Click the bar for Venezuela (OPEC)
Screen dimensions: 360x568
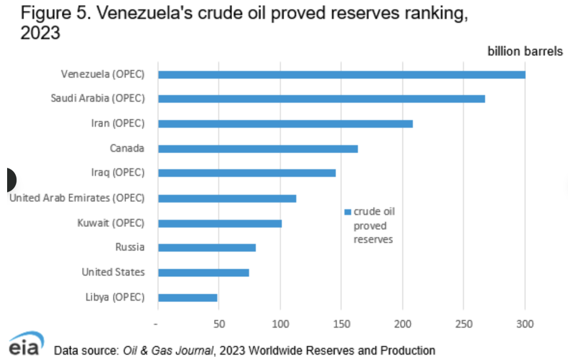click(x=341, y=74)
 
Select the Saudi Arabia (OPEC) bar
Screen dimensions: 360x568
click(x=321, y=99)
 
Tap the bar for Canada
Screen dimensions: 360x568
click(x=258, y=149)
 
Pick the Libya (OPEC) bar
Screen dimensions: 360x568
click(x=188, y=298)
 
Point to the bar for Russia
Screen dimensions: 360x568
click(x=207, y=248)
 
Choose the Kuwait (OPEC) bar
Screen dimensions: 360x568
click(x=220, y=223)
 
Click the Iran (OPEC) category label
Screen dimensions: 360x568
click(x=118, y=124)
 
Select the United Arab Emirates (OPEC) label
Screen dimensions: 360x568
click(x=77, y=198)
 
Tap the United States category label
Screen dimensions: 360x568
click(x=113, y=272)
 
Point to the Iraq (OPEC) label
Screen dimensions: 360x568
click(x=118, y=173)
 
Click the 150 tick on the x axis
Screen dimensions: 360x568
click(x=341, y=324)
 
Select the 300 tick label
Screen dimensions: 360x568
click(x=525, y=324)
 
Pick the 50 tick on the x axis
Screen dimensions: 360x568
click(x=219, y=324)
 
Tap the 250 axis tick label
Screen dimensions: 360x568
click(x=464, y=324)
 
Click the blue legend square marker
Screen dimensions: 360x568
click(x=347, y=212)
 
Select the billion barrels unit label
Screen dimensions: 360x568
click(x=525, y=51)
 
